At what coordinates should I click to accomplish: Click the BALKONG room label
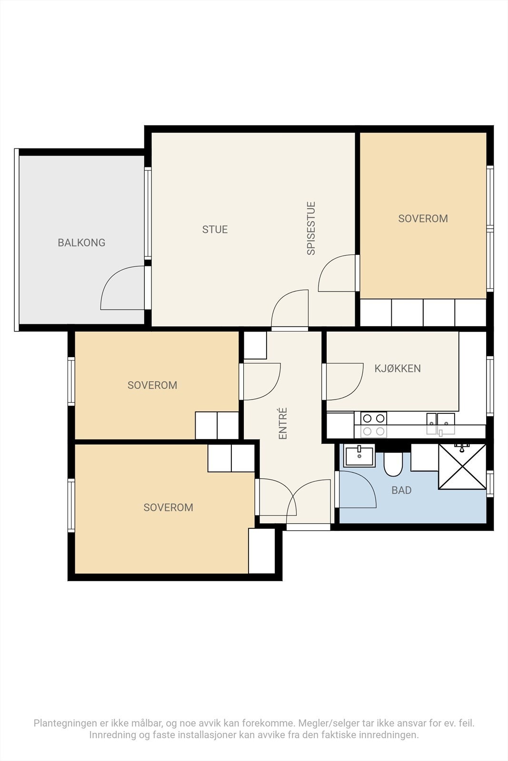pos(81,243)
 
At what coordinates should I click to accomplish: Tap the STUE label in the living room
pos(215,229)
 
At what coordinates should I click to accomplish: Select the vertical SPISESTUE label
pos(311,228)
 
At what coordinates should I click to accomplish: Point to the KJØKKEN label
pos(398,368)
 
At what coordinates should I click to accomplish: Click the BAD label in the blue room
pos(401,490)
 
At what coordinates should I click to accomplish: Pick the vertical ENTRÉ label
pos(283,423)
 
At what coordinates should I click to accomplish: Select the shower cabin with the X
pos(462,467)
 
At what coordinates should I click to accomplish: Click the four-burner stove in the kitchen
pos(374,425)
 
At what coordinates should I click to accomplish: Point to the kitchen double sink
pos(441,423)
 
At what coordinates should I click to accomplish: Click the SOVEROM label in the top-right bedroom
pos(423,218)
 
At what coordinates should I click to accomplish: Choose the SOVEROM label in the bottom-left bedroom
pos(169,507)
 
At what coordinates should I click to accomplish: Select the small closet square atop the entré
pos(255,345)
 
